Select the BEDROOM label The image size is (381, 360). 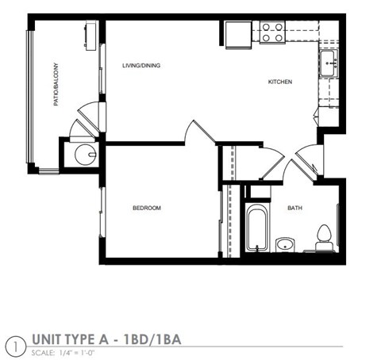[x=147, y=208]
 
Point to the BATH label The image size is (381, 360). [x=294, y=208]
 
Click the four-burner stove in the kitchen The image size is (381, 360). [x=272, y=33]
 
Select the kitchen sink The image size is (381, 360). [x=329, y=63]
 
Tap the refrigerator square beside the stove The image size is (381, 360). [x=237, y=34]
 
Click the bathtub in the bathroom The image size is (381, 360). [x=256, y=230]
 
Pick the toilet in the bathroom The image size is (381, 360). [x=322, y=237]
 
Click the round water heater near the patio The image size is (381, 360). [x=83, y=153]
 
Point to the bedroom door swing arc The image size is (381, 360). [x=194, y=132]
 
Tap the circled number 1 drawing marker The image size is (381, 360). [x=13, y=344]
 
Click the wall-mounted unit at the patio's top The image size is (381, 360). [x=90, y=33]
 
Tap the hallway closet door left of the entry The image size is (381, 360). [x=270, y=163]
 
